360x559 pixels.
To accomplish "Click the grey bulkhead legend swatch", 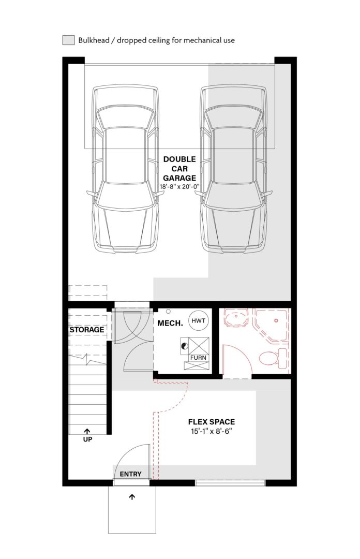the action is pyautogui.click(x=68, y=40).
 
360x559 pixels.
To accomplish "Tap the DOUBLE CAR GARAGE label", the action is pyautogui.click(x=179, y=169).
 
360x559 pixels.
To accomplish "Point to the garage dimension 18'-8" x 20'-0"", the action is pyautogui.click(x=179, y=186).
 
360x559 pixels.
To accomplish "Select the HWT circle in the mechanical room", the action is pyautogui.click(x=198, y=320).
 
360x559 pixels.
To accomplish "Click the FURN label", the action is pyautogui.click(x=198, y=358).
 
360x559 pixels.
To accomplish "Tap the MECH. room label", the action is pyautogui.click(x=170, y=323).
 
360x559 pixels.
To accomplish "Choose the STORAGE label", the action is pyautogui.click(x=87, y=330).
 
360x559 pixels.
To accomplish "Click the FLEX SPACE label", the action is pyautogui.click(x=212, y=422).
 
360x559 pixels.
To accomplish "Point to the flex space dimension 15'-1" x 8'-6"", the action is pyautogui.click(x=212, y=431).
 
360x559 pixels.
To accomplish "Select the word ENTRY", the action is pyautogui.click(x=130, y=474).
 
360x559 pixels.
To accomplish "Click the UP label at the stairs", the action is pyautogui.click(x=87, y=439).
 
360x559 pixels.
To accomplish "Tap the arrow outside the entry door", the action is pyautogui.click(x=132, y=496).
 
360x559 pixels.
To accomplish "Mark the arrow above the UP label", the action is pyautogui.click(x=87, y=431).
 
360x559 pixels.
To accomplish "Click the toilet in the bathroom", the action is pyautogui.click(x=273, y=358).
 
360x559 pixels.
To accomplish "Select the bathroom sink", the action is pyautogui.click(x=236, y=317).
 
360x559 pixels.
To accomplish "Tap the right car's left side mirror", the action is pyautogui.click(x=199, y=193).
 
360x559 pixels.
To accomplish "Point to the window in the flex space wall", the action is pyautogui.click(x=230, y=483).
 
